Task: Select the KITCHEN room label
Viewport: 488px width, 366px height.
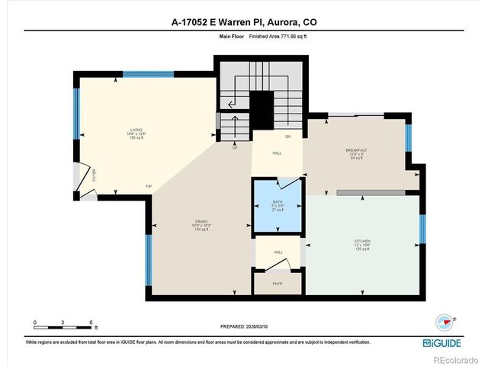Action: (361, 242)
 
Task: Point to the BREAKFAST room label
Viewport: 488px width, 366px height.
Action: (357, 151)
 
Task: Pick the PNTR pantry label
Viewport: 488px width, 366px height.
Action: (278, 283)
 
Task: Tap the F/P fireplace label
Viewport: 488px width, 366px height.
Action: (149, 187)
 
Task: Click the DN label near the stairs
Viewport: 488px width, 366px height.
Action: (288, 137)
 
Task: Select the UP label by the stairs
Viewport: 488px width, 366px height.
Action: (235, 148)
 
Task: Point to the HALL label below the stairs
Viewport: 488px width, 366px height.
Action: (278, 153)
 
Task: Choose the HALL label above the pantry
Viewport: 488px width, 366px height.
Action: (278, 251)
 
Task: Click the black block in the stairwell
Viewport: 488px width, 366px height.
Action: (262, 110)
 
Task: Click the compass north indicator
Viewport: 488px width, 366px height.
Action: (442, 322)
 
